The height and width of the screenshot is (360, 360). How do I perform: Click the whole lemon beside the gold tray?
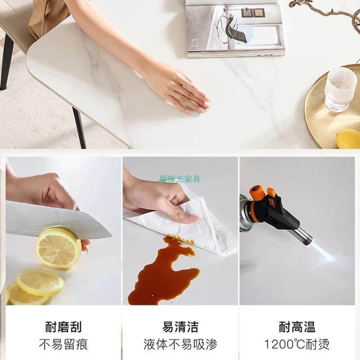point(349,138)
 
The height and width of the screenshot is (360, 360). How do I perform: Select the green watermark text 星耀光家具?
point(180,179)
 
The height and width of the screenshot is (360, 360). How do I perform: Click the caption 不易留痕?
point(63,345)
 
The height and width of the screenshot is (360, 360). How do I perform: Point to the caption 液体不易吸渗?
point(180,345)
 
